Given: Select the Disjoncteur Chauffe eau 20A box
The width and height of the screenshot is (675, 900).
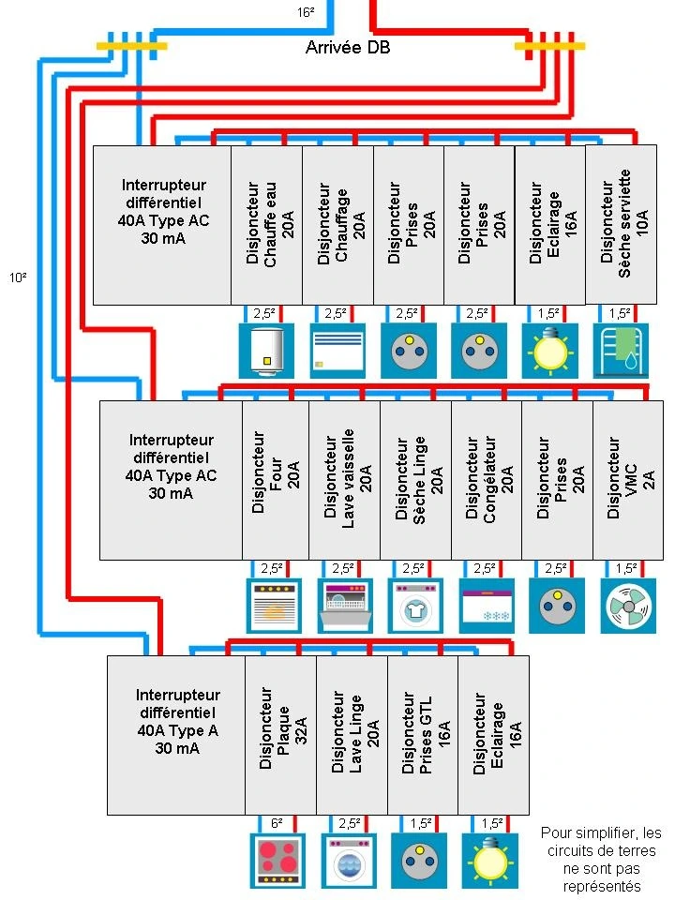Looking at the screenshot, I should (267, 225).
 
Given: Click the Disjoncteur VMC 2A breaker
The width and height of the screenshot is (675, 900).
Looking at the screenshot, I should (627, 479).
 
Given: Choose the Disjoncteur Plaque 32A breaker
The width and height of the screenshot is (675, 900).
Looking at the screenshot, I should (280, 735).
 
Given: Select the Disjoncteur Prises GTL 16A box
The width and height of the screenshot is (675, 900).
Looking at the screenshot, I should (423, 735).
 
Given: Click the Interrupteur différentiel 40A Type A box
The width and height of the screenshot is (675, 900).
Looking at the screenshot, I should (176, 735).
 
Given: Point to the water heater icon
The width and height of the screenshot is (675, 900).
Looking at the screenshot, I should (266, 351).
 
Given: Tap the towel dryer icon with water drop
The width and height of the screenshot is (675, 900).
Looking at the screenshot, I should (621, 351).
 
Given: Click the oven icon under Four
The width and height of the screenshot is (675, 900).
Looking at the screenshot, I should (272, 606).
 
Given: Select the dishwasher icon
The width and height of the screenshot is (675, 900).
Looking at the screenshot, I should (343, 606).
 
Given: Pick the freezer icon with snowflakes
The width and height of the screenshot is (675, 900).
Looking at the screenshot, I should (486, 606).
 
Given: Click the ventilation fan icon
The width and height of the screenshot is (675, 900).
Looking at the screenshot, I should (627, 606).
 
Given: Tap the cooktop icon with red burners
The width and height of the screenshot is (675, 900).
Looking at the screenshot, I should (278, 861).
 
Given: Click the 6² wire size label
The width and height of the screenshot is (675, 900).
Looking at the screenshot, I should (277, 823).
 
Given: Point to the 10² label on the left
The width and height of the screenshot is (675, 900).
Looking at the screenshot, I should (17, 277).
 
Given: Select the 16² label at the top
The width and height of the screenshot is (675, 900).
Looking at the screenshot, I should (306, 12).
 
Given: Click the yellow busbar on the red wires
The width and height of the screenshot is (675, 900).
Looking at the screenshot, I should (549, 45).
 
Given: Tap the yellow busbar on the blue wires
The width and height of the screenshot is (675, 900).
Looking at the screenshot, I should (132, 45).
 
